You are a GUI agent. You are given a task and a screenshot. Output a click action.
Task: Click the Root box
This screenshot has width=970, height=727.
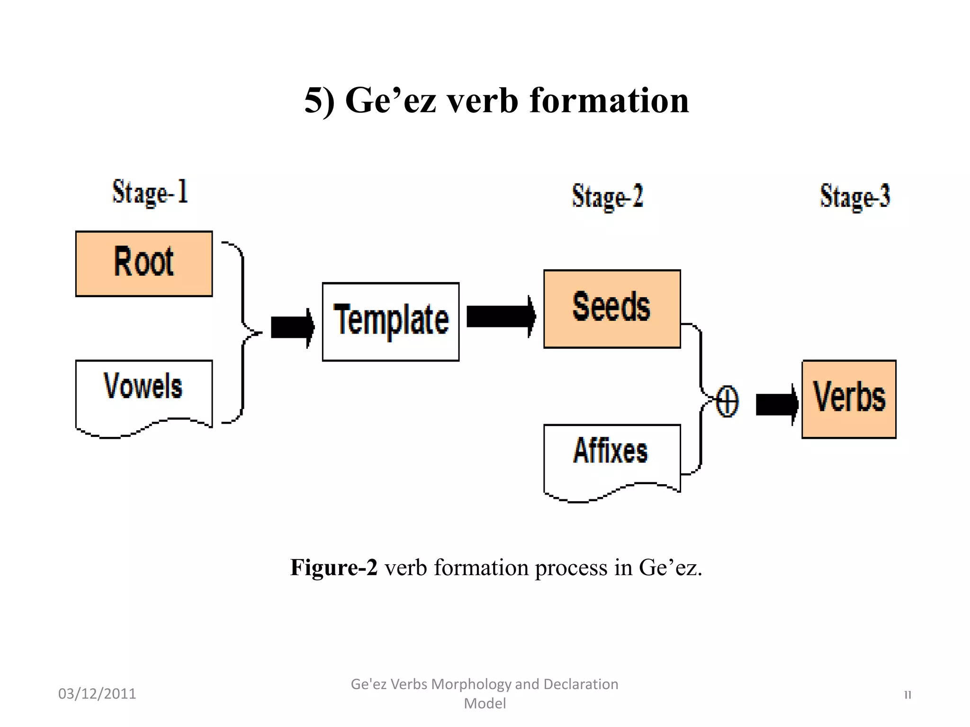(144, 264)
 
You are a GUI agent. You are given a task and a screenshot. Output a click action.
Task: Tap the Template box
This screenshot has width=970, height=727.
(391, 321)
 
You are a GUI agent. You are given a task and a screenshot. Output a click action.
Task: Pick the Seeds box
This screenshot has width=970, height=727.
(612, 309)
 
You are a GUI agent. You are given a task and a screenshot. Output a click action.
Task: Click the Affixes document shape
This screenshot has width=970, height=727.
(612, 457)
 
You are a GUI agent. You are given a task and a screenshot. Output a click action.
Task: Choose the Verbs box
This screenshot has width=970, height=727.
(849, 399)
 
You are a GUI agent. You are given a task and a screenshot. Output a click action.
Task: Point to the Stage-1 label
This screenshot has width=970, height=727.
(150, 193)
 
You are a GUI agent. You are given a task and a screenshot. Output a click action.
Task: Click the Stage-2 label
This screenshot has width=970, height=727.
(608, 196)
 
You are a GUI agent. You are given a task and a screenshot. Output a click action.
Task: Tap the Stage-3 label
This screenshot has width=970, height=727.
(855, 196)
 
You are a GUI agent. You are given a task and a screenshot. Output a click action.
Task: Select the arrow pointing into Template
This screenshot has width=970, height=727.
(292, 327)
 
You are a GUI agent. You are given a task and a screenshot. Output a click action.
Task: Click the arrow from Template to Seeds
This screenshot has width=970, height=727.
(501, 317)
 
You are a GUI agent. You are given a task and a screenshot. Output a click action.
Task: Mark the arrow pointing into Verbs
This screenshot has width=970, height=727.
(777, 404)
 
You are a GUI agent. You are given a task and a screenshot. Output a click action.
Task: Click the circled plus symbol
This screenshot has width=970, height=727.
(727, 401)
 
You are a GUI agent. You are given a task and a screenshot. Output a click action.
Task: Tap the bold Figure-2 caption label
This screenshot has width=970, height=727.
(334, 567)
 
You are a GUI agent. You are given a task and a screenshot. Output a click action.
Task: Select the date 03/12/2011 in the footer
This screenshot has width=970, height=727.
(97, 694)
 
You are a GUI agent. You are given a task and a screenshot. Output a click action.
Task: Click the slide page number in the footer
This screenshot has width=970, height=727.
(907, 695)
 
